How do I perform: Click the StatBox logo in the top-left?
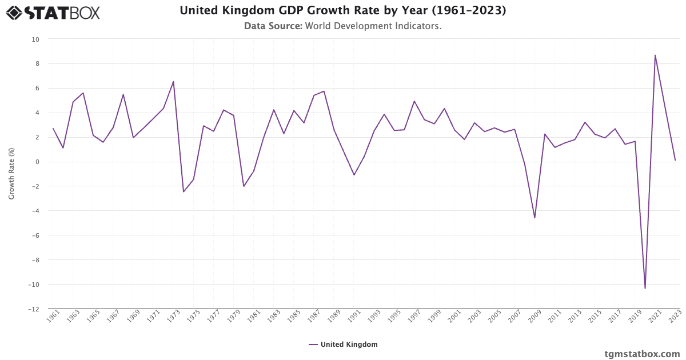pyautogui.click(x=53, y=13)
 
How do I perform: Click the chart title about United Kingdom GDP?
pyautogui.click(x=343, y=10)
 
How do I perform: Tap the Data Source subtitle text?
pyautogui.click(x=343, y=26)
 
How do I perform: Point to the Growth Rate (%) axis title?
pyautogui.click(x=11, y=174)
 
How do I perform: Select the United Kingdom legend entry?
pyautogui.click(x=343, y=344)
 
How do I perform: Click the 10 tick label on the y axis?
pyautogui.click(x=35, y=39)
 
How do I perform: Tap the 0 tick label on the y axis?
pyautogui.click(x=37, y=162)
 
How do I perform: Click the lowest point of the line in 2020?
pyautogui.click(x=645, y=288)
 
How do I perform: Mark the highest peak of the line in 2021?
pyautogui.click(x=655, y=55)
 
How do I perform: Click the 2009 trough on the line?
pyautogui.click(x=535, y=218)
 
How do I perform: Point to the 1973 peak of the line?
pyautogui.click(x=173, y=81)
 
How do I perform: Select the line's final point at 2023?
pyautogui.click(x=675, y=160)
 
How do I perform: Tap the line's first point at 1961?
pyautogui.click(x=53, y=129)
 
